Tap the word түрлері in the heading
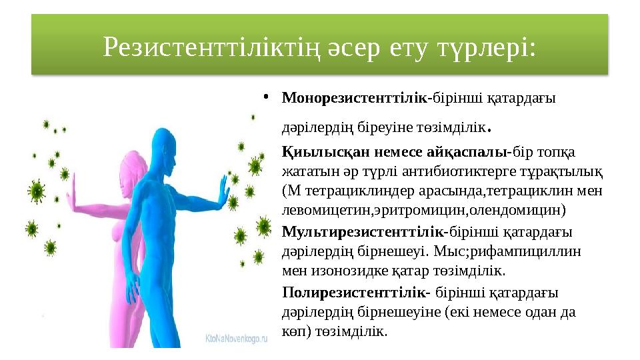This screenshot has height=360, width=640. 492,47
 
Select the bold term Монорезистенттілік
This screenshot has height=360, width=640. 355,98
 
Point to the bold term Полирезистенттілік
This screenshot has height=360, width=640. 354,292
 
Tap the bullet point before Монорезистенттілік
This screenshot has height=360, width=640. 265,98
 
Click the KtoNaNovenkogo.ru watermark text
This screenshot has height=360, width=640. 236,339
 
